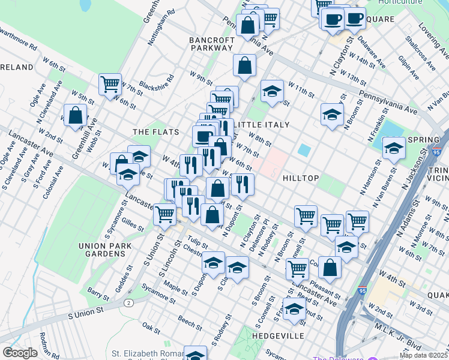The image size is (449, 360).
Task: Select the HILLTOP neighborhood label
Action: click(x=304, y=179)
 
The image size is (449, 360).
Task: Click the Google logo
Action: click(x=20, y=353)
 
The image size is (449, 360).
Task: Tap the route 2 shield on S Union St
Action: click(x=128, y=302)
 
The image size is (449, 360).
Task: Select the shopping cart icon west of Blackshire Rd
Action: click(x=110, y=84)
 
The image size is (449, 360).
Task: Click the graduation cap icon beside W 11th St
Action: click(x=272, y=91)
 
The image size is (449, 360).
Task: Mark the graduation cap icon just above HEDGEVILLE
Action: click(x=294, y=309)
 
